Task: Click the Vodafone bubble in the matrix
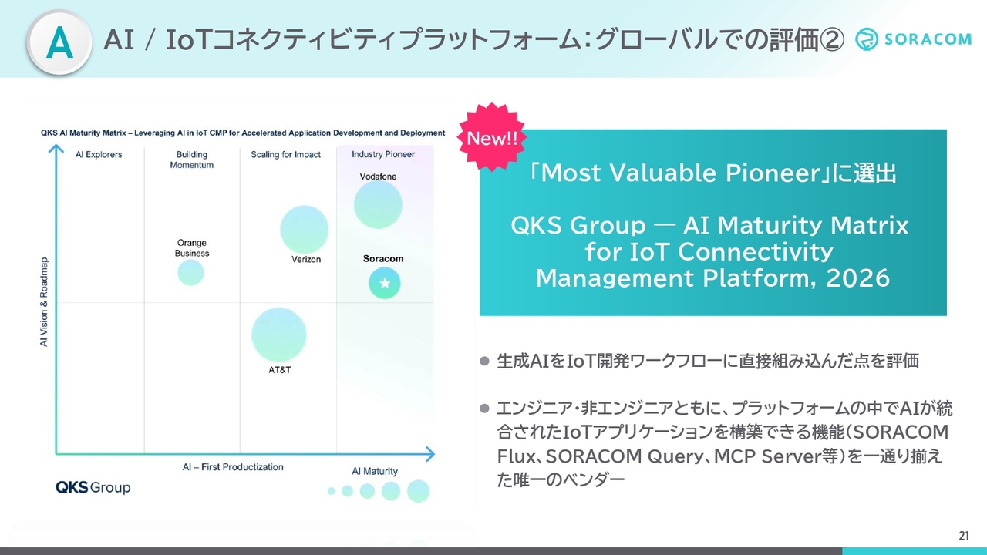pyautogui.click(x=378, y=205)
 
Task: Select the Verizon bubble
pyautogui.click(x=304, y=229)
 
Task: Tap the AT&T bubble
pyautogui.click(x=278, y=335)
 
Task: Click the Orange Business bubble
pyautogui.click(x=190, y=273)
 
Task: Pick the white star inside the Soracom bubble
pyautogui.click(x=385, y=283)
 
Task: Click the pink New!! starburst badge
pyautogui.click(x=492, y=137)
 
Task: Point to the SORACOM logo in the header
pyautogui.click(x=913, y=39)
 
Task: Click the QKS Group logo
pyautogui.click(x=93, y=487)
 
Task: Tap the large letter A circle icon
pyautogui.click(x=59, y=42)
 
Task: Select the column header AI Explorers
pyautogui.click(x=99, y=155)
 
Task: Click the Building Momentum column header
pyautogui.click(x=192, y=160)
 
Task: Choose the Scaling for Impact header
pyautogui.click(x=285, y=155)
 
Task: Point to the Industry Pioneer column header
pyautogui.click(x=383, y=154)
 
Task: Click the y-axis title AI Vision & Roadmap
pyautogui.click(x=44, y=301)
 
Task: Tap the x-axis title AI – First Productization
pyautogui.click(x=233, y=467)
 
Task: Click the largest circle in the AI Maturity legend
pyautogui.click(x=418, y=491)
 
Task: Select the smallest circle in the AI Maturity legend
pyautogui.click(x=332, y=491)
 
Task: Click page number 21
pyautogui.click(x=964, y=536)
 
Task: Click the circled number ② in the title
pyautogui.click(x=831, y=39)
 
